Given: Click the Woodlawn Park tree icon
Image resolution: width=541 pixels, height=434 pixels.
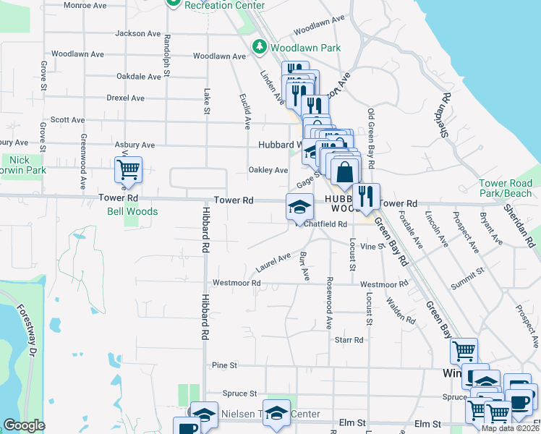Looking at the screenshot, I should pyautogui.click(x=260, y=47).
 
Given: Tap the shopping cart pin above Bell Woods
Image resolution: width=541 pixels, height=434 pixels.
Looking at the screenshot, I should pyautogui.click(x=128, y=171).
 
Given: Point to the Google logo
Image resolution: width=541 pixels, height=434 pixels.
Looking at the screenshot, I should pyautogui.click(x=24, y=425).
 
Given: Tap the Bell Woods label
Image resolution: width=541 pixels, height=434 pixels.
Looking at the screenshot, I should pyautogui.click(x=132, y=212).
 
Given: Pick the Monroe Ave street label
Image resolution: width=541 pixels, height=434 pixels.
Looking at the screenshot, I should pyautogui.click(x=85, y=5).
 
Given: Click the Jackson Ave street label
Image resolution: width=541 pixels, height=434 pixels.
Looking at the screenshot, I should pyautogui.click(x=137, y=33).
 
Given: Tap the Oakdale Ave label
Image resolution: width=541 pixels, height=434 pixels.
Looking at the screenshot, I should pyautogui.click(x=139, y=76).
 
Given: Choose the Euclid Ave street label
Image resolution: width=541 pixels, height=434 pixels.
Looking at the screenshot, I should pyautogui.click(x=243, y=106).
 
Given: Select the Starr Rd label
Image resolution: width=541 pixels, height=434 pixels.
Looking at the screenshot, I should pyautogui.click(x=349, y=339).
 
